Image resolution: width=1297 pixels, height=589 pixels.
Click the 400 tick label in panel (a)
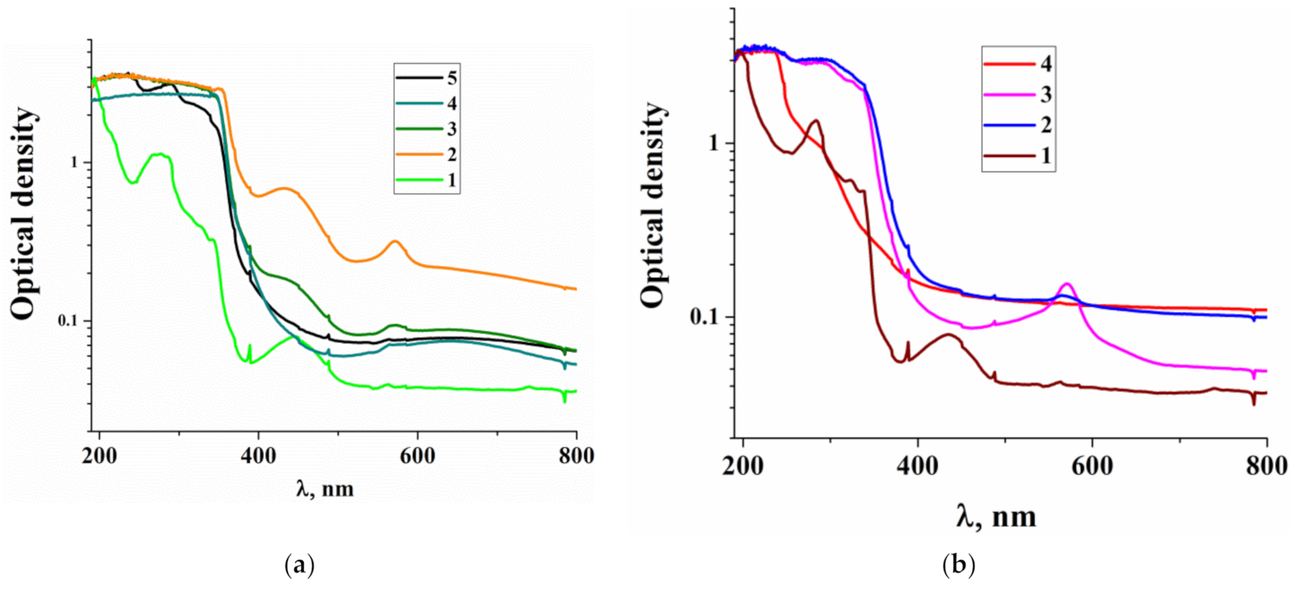(x=258, y=456)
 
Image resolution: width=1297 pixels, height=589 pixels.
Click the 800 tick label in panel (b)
(x=1266, y=466)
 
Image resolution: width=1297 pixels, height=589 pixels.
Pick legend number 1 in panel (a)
(x=452, y=180)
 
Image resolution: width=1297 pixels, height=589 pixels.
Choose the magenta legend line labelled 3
(x=1009, y=95)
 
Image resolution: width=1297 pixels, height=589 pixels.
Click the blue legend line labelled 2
(x=1009, y=125)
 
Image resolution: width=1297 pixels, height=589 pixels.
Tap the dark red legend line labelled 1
(x=1009, y=156)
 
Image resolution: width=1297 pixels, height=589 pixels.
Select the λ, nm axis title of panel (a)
(x=325, y=489)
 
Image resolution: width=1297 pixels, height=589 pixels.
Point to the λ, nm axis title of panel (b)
(x=996, y=517)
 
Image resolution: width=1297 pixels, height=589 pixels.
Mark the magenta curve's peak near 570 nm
(x=1067, y=283)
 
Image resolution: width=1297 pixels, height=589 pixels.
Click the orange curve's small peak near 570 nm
(x=395, y=241)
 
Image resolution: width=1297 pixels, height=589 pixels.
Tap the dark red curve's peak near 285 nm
(x=816, y=120)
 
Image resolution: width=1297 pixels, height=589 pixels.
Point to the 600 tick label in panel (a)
(x=417, y=456)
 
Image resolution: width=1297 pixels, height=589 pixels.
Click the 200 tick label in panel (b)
(x=743, y=466)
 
